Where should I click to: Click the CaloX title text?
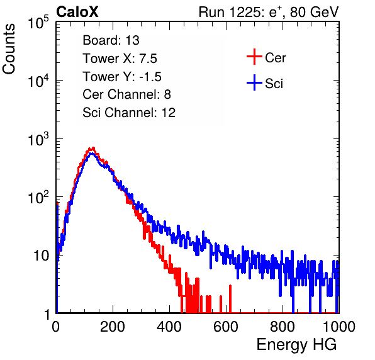[77, 12]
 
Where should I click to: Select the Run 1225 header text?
[269, 12]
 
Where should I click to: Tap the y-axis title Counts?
[9, 49]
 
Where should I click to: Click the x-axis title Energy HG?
[296, 345]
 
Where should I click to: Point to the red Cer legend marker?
[254, 57]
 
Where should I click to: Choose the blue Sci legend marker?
[254, 83]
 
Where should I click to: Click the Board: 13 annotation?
[111, 40]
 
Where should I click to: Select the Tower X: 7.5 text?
[120, 59]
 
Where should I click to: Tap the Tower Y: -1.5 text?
[122, 77]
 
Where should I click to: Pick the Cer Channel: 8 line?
[126, 94]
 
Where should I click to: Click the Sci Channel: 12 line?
[129, 113]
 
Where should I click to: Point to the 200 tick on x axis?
[113, 327]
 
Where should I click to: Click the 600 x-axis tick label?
[226, 327]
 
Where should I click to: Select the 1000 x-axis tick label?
[339, 327]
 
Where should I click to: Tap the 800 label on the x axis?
[283, 327]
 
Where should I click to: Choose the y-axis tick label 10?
[42, 256]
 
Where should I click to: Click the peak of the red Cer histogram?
[93, 148]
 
